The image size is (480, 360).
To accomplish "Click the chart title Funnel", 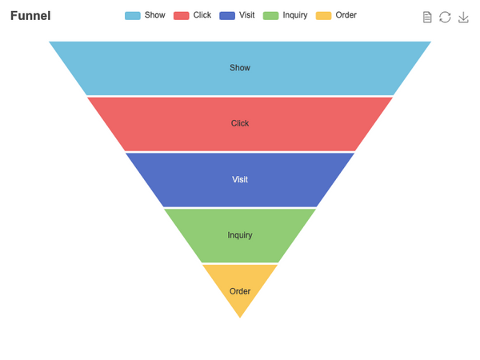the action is click(30, 16).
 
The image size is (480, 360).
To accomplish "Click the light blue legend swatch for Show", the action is click(133, 16).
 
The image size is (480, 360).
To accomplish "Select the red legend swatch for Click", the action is click(182, 16).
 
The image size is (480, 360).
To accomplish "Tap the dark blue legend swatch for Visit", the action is click(227, 16).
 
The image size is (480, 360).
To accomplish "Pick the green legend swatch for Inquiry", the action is click(270, 16).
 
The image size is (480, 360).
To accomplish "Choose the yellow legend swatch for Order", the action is click(323, 16).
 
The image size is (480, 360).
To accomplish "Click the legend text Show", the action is click(155, 15).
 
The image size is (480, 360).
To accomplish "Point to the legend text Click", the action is click(202, 15).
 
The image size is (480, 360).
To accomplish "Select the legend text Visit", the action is click(246, 15).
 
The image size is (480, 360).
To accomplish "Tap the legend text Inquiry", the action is click(295, 15).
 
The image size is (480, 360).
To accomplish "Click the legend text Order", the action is click(346, 15).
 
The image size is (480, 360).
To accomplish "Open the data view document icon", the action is click(427, 17).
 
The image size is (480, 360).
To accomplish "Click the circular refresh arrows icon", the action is click(445, 17).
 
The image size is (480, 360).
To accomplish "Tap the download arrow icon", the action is click(463, 17).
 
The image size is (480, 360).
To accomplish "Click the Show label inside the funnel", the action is click(240, 68).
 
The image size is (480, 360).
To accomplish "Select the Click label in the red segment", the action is click(240, 123).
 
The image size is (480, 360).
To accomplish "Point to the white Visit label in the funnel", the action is click(240, 179).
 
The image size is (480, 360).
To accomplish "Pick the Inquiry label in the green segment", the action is click(240, 235).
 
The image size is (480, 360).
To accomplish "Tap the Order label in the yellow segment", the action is click(240, 291).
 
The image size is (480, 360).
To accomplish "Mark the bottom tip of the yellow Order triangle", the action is click(240, 318).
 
